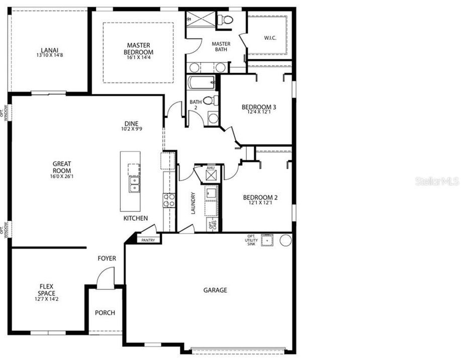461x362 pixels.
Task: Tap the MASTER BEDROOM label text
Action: [x=138, y=49]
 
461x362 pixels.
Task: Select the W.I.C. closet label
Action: [x=270, y=38]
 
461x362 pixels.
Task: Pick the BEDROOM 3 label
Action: [x=259, y=107]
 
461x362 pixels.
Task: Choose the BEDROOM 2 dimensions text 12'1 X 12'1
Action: [x=260, y=203]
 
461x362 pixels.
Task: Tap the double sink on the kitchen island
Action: [x=134, y=185]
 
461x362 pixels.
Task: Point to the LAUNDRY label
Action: [x=193, y=203]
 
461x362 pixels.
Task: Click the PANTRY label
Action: [x=148, y=240]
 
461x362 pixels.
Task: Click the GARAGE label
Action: [x=215, y=290]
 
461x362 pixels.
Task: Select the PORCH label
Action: [x=105, y=313]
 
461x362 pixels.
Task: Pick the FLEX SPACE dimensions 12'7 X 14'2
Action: [x=47, y=299]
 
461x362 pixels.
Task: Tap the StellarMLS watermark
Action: [x=437, y=181]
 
